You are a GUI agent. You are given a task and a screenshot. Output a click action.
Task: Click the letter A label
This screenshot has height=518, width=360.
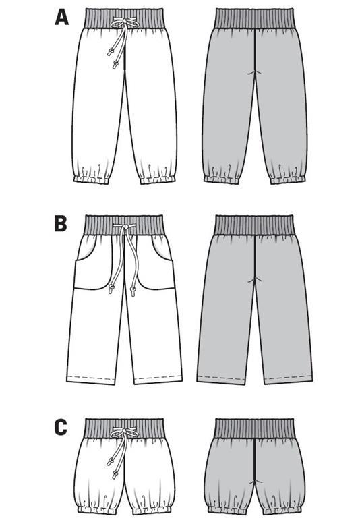[61, 17]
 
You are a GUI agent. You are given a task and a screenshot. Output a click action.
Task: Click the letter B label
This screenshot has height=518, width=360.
[61, 224]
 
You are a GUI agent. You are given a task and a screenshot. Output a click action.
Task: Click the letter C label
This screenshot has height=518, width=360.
[61, 427]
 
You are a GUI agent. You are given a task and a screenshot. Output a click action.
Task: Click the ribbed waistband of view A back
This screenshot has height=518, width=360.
[253, 18]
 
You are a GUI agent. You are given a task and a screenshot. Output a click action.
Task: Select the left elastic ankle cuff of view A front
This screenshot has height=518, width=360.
[91, 179]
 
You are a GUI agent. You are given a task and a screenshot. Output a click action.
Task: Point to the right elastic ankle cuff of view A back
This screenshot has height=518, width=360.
[288, 179]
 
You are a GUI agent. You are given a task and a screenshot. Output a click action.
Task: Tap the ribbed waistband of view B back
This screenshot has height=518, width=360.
[253, 225]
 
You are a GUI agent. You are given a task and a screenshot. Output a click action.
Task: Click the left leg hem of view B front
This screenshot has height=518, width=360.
[92, 380]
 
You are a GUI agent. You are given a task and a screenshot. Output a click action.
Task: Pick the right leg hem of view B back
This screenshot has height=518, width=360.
[288, 380]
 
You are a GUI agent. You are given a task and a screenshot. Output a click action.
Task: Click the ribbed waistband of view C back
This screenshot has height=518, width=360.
[253, 428]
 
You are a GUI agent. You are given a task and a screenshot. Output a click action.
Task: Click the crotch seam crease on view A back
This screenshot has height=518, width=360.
[255, 73]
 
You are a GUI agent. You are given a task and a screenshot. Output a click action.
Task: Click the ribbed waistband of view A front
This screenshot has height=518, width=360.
[125, 18]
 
